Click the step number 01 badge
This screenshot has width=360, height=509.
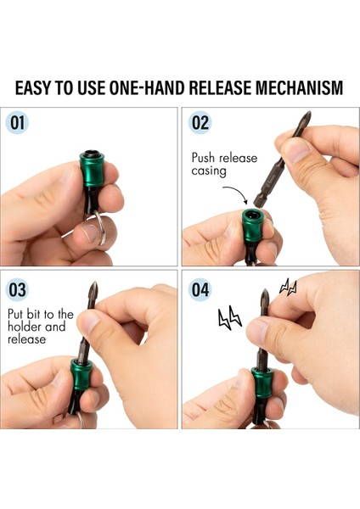pos(17,123)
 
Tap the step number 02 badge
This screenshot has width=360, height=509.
pos(200,123)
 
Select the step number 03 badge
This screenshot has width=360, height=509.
pos(17,290)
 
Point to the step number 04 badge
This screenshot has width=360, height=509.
pos(200,290)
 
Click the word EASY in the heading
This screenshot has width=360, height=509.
pos(34,87)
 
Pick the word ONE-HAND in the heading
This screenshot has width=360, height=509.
pos(148,87)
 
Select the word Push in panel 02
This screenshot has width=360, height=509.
pos(203,158)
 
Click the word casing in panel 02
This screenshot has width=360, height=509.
pos(208,171)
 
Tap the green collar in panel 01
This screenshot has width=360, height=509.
pos(93,170)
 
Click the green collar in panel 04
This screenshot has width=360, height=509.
pos(262,383)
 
